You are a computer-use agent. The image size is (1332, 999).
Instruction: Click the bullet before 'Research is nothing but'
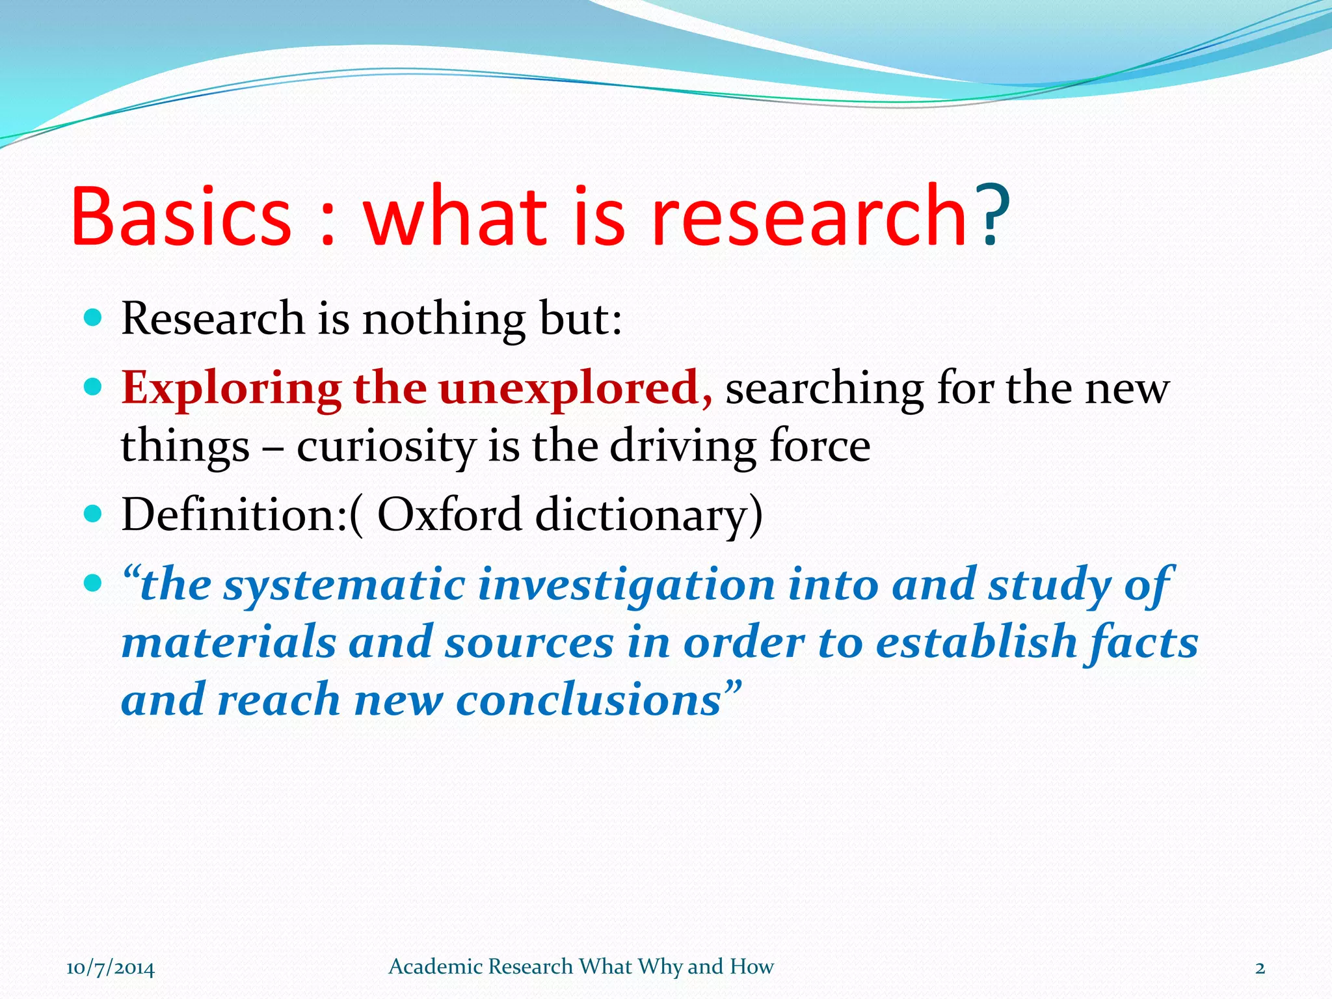click(x=94, y=317)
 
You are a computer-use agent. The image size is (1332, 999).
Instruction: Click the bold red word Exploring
click(x=231, y=389)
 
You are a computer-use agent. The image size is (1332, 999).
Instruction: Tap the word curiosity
click(x=386, y=447)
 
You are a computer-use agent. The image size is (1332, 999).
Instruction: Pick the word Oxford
click(x=449, y=514)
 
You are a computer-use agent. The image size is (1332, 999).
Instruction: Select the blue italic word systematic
click(x=344, y=585)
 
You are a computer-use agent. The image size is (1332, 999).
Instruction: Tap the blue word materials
click(x=229, y=643)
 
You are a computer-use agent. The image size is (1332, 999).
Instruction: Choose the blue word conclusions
click(x=589, y=700)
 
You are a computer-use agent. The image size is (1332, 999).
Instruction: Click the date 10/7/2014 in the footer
click(x=111, y=968)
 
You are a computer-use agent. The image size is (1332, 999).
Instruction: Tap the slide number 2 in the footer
click(x=1260, y=968)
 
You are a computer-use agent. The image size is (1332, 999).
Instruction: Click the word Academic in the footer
click(x=435, y=966)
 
